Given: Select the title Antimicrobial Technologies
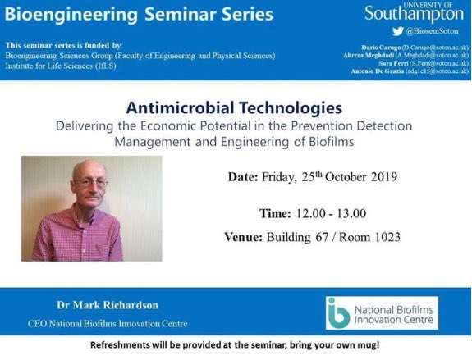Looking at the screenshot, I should click(234, 107).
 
